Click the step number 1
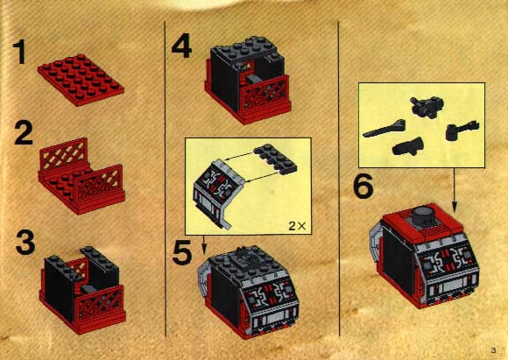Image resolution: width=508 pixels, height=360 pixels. tap(20, 52)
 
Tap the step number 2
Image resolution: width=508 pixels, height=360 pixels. tap(24, 132)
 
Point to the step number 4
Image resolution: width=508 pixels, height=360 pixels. tap(181, 47)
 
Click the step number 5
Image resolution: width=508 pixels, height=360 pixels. tap(182, 253)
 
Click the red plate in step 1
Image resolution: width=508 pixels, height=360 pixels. tap(81, 80)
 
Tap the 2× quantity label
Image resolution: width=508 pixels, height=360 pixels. tap(297, 225)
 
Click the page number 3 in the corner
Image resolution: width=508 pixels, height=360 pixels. tap(493, 350)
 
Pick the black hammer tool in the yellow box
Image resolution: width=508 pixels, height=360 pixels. tap(462, 130)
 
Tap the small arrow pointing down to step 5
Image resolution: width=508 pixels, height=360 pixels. tap(203, 244)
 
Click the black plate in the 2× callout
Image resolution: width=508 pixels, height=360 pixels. tap(275, 159)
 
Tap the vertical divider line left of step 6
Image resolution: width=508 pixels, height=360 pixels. tap(339, 179)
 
